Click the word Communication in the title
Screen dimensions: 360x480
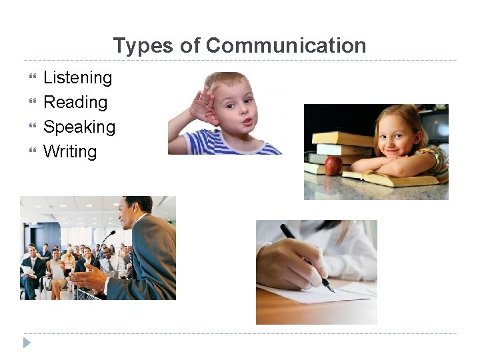tap(286, 45)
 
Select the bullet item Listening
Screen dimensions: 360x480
tap(77, 77)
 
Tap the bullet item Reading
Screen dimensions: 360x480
tap(75, 102)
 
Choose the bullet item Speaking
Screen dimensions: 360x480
tap(79, 127)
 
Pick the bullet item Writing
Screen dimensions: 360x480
tap(69, 151)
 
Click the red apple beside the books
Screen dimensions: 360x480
tap(333, 166)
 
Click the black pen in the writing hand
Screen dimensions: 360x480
tap(306, 256)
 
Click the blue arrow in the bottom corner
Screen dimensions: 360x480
tap(27, 343)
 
